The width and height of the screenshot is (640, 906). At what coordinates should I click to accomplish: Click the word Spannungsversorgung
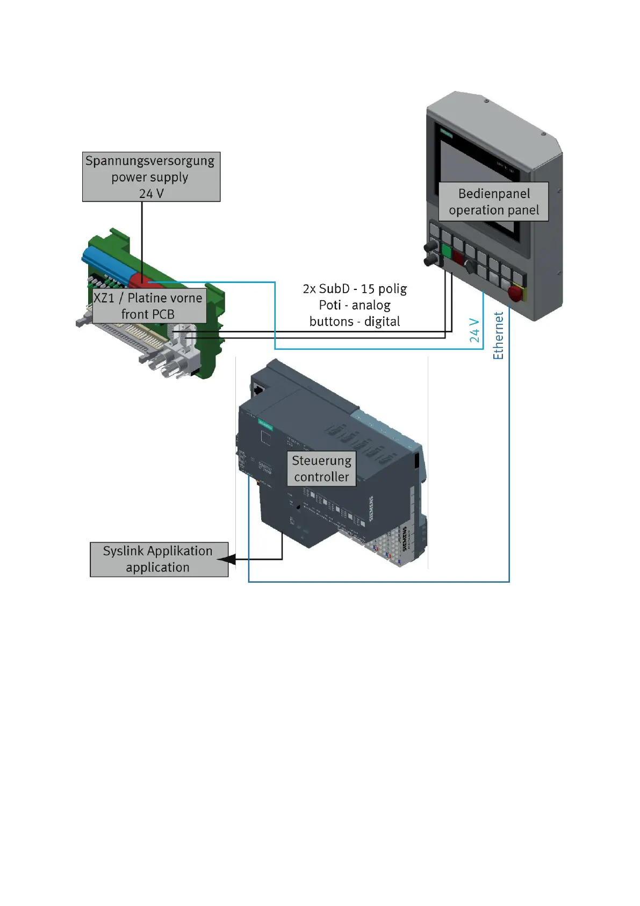point(149,161)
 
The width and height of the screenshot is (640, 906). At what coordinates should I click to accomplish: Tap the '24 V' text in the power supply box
point(151,193)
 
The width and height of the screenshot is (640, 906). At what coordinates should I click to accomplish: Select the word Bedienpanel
point(494,194)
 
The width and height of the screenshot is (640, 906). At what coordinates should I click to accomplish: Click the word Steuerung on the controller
point(321,461)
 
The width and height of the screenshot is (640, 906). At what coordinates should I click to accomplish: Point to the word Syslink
point(124,551)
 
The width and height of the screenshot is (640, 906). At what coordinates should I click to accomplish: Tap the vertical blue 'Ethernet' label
point(499,336)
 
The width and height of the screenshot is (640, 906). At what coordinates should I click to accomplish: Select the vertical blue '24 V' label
point(474,330)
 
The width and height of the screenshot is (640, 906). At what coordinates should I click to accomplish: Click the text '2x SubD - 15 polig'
point(355,289)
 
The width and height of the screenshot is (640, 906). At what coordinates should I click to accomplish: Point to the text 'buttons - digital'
point(355,322)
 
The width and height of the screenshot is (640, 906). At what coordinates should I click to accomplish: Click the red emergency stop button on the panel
point(515,293)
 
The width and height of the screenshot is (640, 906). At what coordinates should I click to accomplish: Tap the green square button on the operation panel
point(446,250)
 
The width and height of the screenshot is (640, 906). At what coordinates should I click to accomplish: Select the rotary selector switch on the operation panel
point(469,265)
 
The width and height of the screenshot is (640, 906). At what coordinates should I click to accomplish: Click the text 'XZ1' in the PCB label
point(104,298)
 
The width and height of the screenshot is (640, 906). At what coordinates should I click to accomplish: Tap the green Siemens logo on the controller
point(265,424)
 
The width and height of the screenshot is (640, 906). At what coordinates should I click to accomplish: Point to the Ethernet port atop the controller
point(258,388)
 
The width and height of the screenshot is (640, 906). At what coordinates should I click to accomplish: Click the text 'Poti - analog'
point(355,305)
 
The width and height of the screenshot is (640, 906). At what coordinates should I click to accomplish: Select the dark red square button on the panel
point(458,257)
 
